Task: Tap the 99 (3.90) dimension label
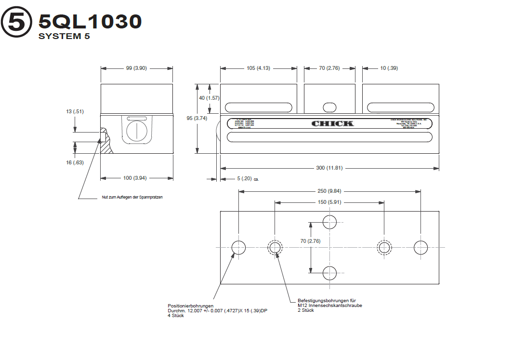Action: (x=136, y=68)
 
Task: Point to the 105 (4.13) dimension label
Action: (x=258, y=68)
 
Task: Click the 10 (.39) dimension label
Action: (x=389, y=68)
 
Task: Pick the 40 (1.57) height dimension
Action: (x=210, y=98)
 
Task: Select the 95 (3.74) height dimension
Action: (x=197, y=118)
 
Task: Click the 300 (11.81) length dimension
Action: (x=329, y=168)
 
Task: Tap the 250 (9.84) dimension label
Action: (x=329, y=191)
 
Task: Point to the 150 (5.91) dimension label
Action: (x=329, y=202)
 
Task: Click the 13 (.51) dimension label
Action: (x=75, y=112)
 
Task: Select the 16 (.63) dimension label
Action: (x=75, y=162)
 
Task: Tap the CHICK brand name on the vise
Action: (x=332, y=123)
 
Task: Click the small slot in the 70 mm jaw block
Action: (x=329, y=107)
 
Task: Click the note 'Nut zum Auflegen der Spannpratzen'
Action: (x=132, y=197)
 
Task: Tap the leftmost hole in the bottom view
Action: (x=239, y=247)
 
